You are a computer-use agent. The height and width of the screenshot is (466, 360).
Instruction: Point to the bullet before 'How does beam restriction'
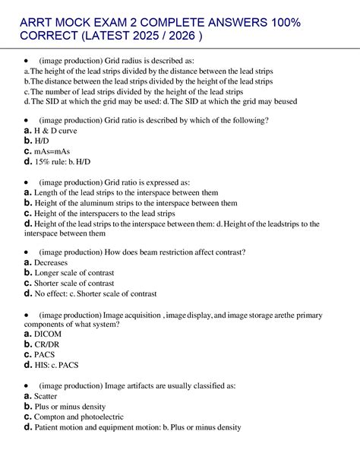(27, 252)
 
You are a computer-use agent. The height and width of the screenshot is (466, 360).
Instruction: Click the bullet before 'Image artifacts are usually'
(27, 385)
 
